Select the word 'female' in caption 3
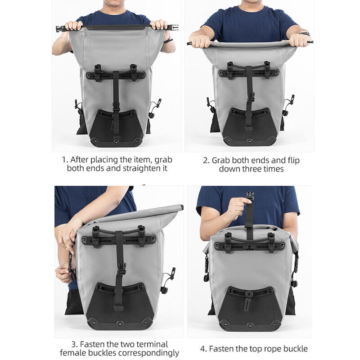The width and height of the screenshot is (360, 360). coord(73,353)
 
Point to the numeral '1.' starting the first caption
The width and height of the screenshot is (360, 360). coord(65,160)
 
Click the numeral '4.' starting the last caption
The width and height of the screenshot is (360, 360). coord(204,348)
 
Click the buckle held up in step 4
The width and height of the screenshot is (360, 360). coord(249,197)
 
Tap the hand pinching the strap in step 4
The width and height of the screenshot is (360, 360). coord(236,207)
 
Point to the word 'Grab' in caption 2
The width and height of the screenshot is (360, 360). coord(221,160)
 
